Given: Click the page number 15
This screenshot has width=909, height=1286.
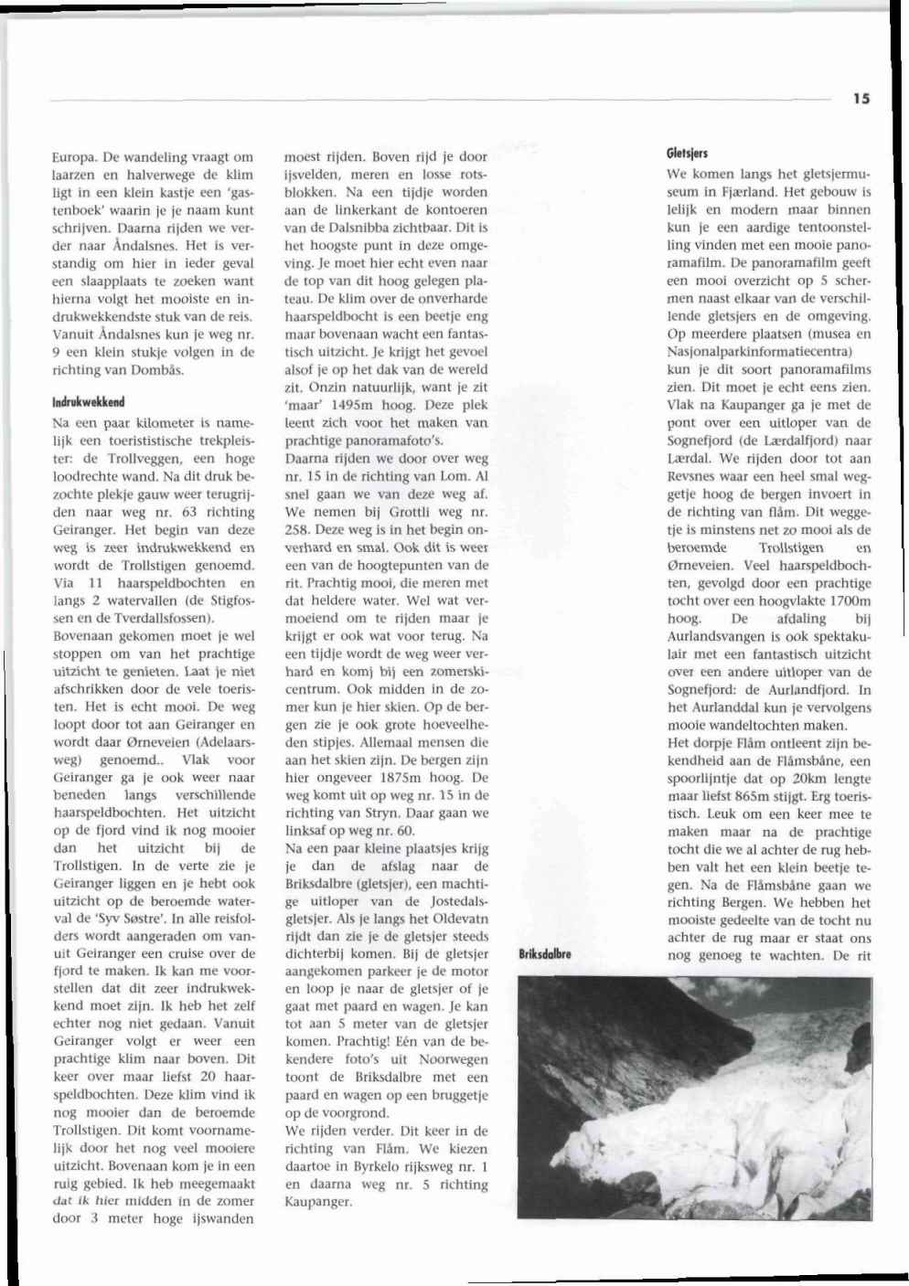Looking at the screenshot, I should pos(861,99).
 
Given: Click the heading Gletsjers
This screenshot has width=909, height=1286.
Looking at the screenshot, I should pos(687,153).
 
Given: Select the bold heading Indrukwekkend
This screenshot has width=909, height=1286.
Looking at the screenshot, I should pos(89,401).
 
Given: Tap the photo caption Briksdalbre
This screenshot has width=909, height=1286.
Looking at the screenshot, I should pos(545,954).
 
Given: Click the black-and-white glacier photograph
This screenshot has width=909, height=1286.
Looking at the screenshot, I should pos(694,1097).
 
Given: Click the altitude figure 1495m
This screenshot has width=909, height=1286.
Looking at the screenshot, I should pos(349,405).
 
